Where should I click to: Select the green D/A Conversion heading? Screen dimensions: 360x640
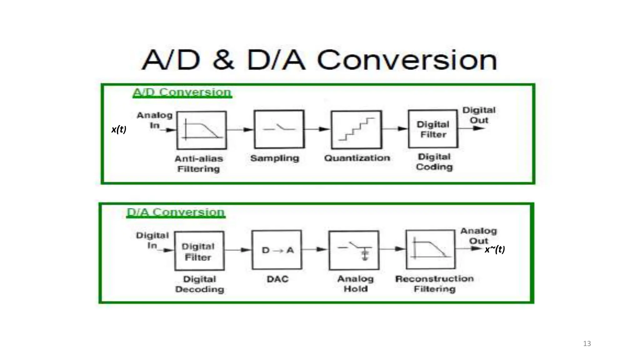(x=176, y=212)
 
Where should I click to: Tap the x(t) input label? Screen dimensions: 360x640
(x=119, y=129)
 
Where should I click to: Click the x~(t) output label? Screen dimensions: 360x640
(x=495, y=249)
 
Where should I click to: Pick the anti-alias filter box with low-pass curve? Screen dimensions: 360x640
(x=202, y=130)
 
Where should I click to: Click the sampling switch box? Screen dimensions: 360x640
(x=279, y=129)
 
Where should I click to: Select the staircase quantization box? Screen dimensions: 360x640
(x=356, y=129)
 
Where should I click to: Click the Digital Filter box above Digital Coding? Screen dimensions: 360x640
(x=433, y=129)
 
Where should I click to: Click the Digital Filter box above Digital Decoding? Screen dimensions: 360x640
(x=199, y=251)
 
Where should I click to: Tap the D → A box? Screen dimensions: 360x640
(x=277, y=250)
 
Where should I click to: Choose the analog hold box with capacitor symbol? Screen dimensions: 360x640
(x=354, y=250)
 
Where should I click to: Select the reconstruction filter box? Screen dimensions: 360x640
(x=431, y=249)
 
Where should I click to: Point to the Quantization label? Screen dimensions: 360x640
(x=357, y=158)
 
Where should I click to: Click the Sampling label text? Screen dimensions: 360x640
(x=275, y=158)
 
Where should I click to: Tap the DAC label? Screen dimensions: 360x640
(x=277, y=279)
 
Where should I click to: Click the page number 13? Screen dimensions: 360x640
(x=587, y=343)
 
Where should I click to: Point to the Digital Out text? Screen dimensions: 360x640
(x=479, y=115)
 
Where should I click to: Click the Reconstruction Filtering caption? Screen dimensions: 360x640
(x=434, y=283)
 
